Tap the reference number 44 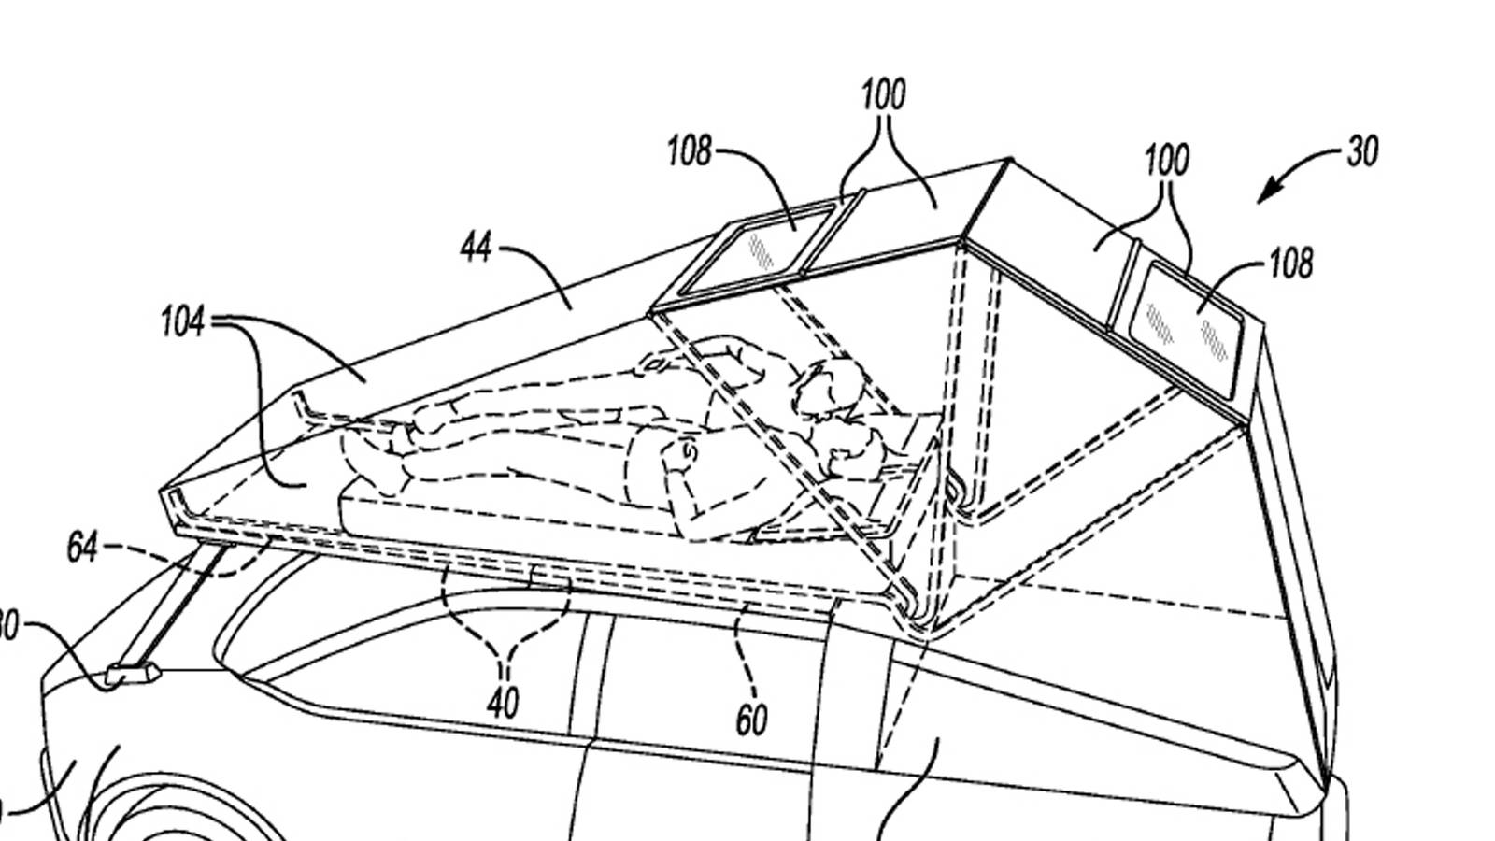(476, 248)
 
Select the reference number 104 (182, 322)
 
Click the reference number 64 (82, 548)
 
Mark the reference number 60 (751, 720)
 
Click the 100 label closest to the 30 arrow (1167, 161)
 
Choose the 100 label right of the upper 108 (883, 95)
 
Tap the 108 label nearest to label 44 (689, 151)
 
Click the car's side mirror (132, 673)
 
